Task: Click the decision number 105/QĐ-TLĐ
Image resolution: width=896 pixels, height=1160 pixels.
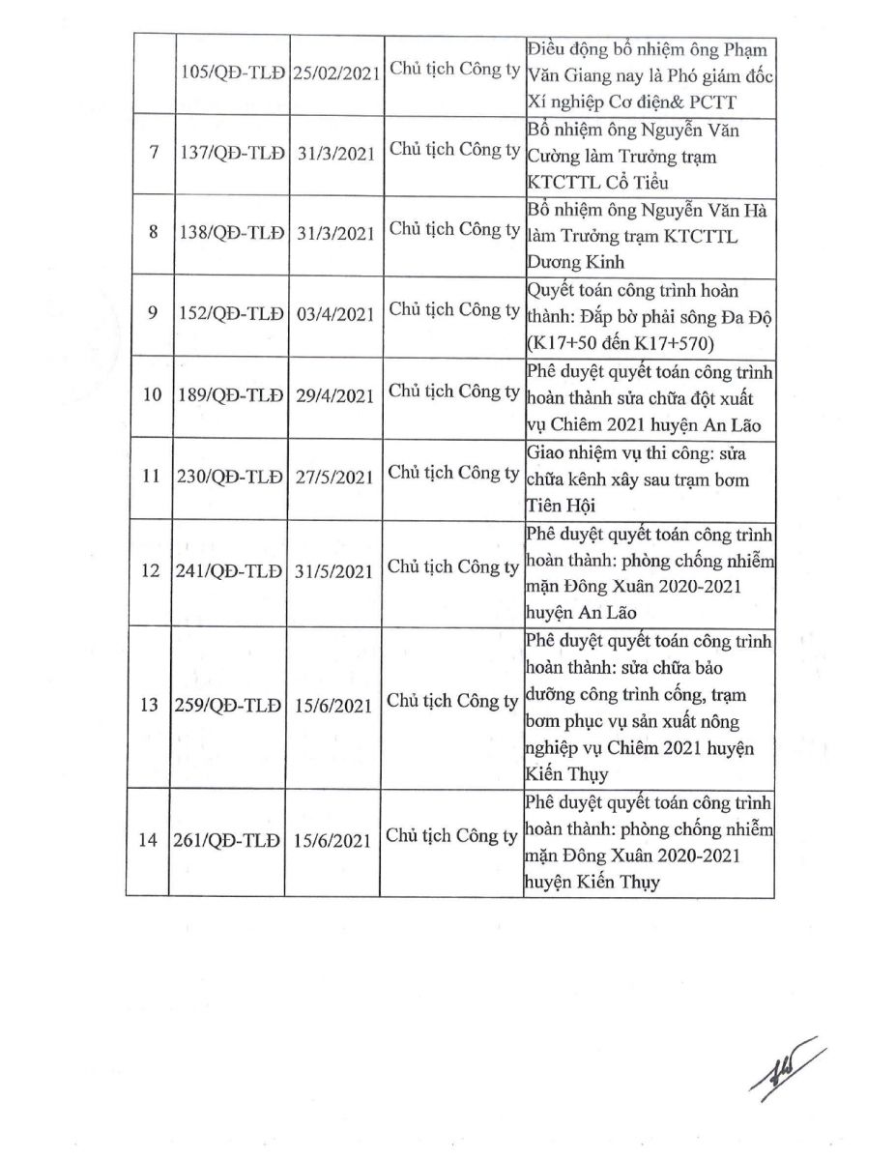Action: pos(230,75)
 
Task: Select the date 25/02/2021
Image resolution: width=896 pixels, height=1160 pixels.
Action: pos(334,75)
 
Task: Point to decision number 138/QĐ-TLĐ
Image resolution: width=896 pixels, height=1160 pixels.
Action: pos(230,235)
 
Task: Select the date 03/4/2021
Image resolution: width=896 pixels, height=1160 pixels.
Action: pos(334,315)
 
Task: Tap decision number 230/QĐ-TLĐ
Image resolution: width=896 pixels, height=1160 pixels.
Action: pos(230,478)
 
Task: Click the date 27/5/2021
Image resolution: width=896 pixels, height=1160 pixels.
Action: pos(334,478)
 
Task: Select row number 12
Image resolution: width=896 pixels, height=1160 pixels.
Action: pos(149,571)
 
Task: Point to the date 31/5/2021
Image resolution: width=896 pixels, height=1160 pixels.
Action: pos(334,571)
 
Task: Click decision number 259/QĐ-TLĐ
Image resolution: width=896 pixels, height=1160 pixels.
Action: pos(230,706)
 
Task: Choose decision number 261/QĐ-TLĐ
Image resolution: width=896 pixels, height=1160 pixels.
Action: pos(230,841)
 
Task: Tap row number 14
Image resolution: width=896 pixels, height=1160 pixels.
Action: pos(149,841)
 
